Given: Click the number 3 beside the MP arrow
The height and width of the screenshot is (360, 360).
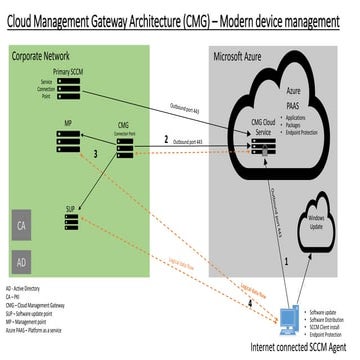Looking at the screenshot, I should click(95, 154).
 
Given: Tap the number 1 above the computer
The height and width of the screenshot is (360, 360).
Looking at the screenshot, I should click(287, 260).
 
